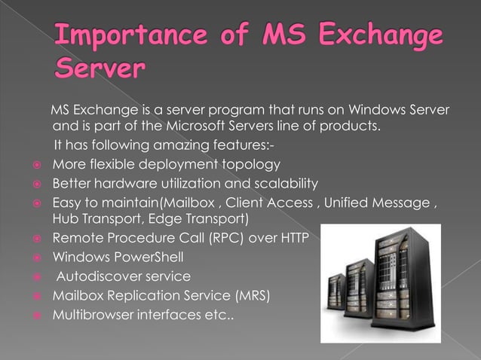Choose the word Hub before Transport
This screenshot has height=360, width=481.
[63, 219]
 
